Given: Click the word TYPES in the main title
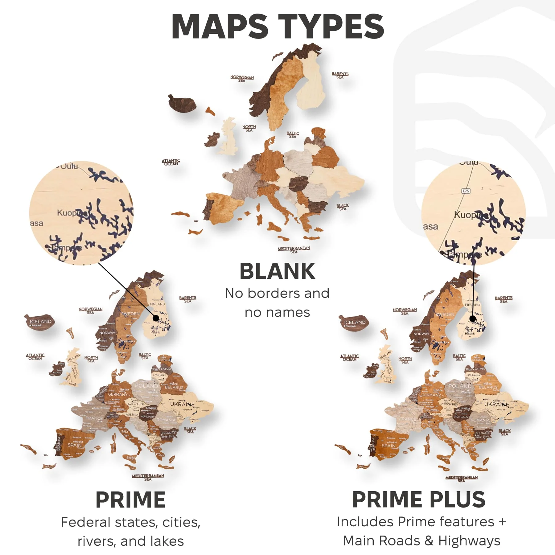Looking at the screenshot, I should click(x=331, y=27).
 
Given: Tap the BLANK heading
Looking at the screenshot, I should click(x=277, y=271).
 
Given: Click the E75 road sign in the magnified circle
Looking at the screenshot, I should click(x=466, y=191).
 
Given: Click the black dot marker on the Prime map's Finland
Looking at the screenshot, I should click(x=156, y=318).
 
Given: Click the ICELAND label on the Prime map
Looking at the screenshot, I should click(x=40, y=322).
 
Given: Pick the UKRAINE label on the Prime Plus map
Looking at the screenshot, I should click(x=496, y=404).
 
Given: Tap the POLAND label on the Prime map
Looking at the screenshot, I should click(x=146, y=386).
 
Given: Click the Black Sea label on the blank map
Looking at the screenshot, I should click(x=343, y=207).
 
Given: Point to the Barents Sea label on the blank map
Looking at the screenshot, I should click(x=340, y=75).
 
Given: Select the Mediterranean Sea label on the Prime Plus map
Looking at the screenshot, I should click(x=461, y=479).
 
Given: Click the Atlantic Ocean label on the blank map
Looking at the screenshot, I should click(x=171, y=162).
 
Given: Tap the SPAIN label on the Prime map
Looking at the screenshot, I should click(x=75, y=445).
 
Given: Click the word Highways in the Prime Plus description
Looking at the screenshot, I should click(x=469, y=541).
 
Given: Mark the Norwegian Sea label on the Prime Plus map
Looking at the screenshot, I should click(x=405, y=311).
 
